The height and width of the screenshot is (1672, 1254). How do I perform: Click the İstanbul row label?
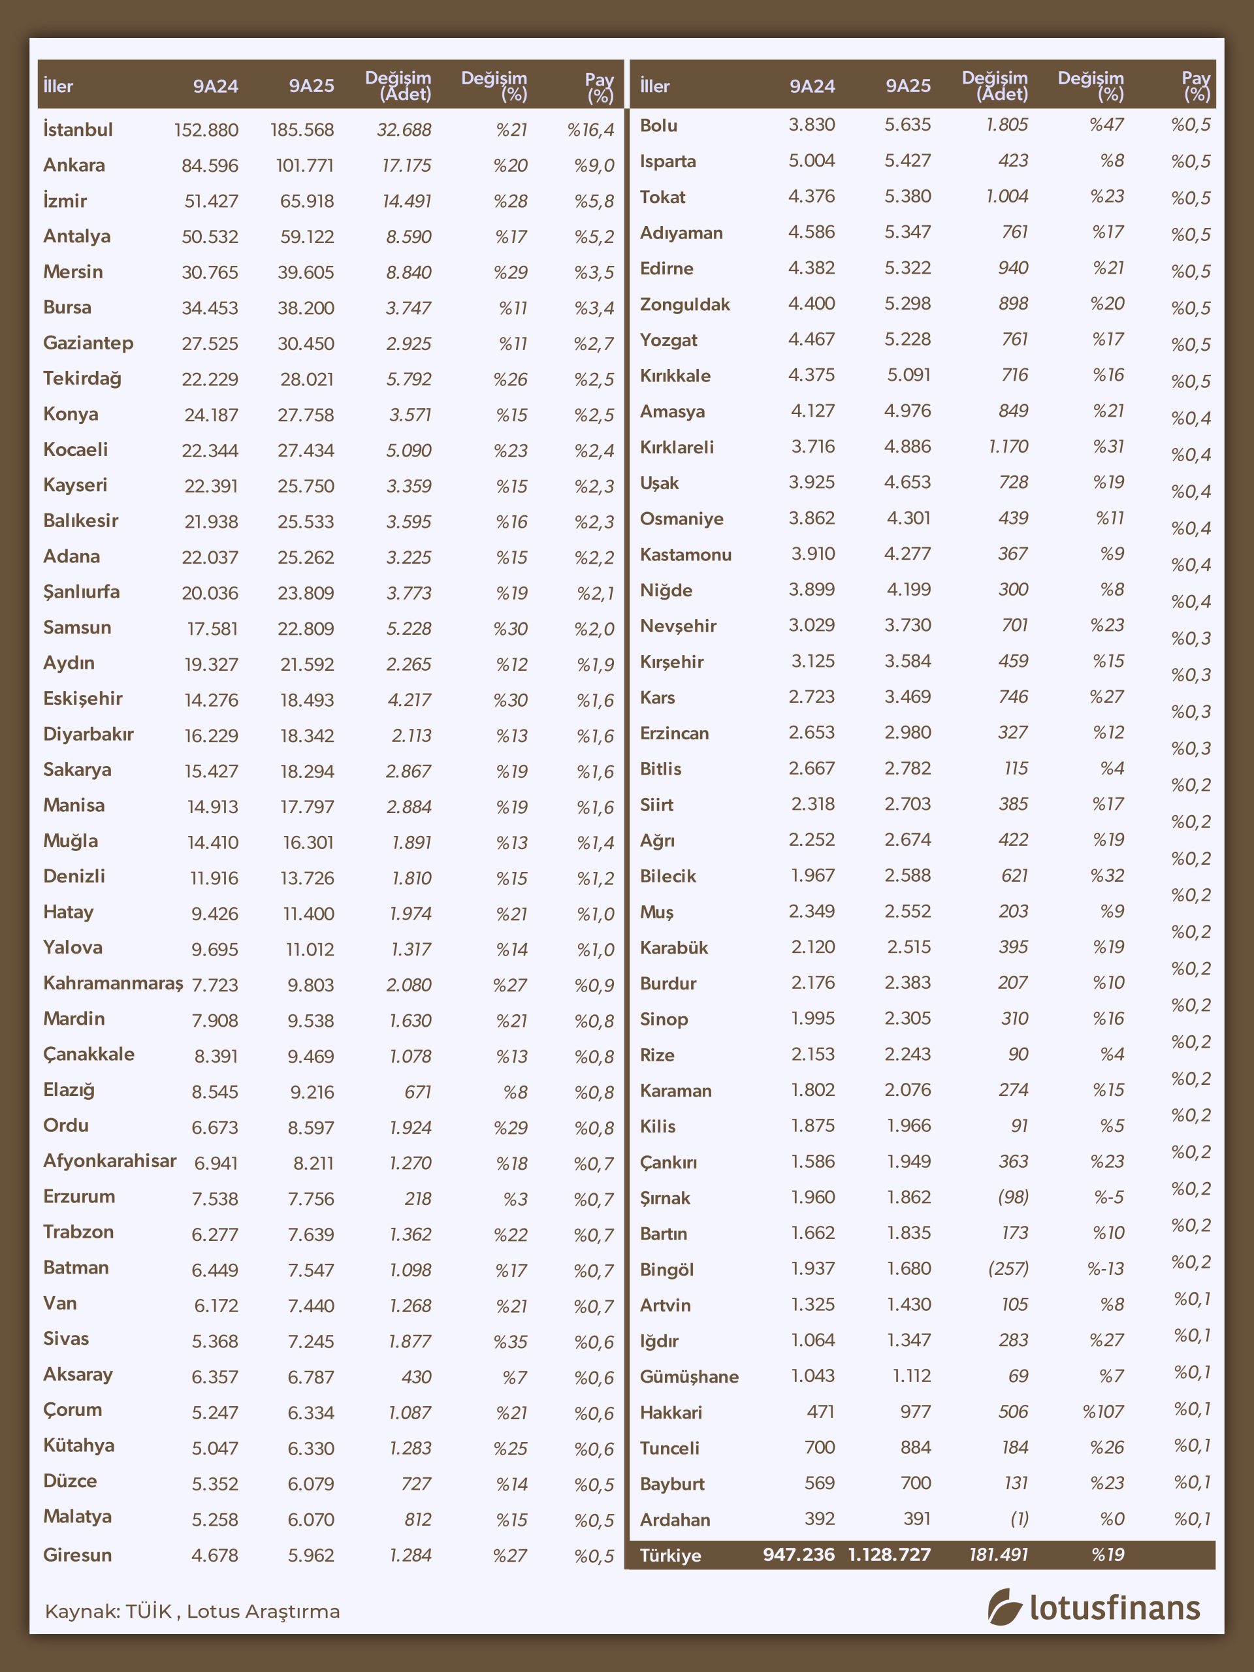[x=78, y=129]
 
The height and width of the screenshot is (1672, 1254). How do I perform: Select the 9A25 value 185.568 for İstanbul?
[x=302, y=130]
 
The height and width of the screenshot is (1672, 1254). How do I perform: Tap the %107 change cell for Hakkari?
[x=1103, y=1411]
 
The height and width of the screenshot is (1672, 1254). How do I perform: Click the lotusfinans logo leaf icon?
[x=1005, y=1607]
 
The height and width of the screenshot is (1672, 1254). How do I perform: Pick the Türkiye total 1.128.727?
[x=890, y=1555]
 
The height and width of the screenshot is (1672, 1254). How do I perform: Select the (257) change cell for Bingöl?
[x=1008, y=1268]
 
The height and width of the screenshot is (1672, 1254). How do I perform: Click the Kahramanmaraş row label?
[x=112, y=984]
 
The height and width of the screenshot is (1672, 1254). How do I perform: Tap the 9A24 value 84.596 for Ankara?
[x=210, y=165]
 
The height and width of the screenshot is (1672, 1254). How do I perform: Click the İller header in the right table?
[x=654, y=86]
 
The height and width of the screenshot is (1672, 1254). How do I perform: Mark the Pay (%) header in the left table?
[x=600, y=88]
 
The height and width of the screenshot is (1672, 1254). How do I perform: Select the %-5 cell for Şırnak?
[x=1109, y=1197]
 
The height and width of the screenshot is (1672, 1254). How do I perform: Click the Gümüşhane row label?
[x=689, y=1376]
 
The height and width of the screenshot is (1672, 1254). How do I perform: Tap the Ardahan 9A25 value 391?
[x=916, y=1519]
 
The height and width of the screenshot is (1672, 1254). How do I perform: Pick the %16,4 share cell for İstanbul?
[x=590, y=130]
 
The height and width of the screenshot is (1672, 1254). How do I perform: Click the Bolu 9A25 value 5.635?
[x=908, y=125]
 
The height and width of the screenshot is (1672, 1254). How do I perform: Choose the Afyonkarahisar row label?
[x=110, y=1161]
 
